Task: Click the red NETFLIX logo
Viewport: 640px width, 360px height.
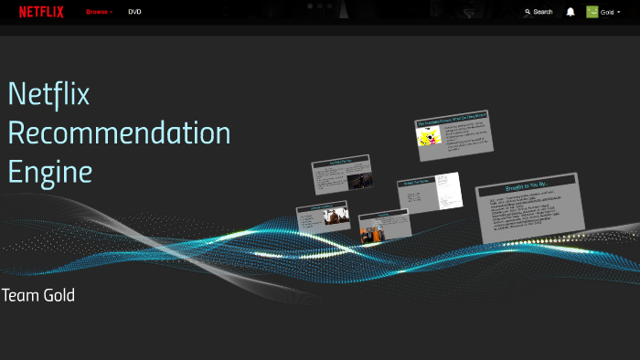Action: coord(41,12)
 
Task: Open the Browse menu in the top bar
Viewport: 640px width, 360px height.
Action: coord(98,12)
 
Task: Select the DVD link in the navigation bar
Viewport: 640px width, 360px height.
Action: coord(134,12)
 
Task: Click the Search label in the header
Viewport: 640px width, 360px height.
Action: coord(543,12)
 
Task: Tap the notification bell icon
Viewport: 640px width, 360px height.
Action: coord(571,12)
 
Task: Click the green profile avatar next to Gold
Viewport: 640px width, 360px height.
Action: coord(592,12)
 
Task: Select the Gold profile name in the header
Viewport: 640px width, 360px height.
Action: coord(607,12)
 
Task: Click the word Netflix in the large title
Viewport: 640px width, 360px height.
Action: coord(48,94)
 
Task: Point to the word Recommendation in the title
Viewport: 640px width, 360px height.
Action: coord(119,133)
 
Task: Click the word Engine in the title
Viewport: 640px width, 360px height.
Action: coord(50,171)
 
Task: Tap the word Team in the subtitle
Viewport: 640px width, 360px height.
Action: coord(18,295)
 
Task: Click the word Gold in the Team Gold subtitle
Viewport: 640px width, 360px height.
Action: coord(57,295)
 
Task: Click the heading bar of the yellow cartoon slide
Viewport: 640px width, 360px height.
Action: coord(452,119)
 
